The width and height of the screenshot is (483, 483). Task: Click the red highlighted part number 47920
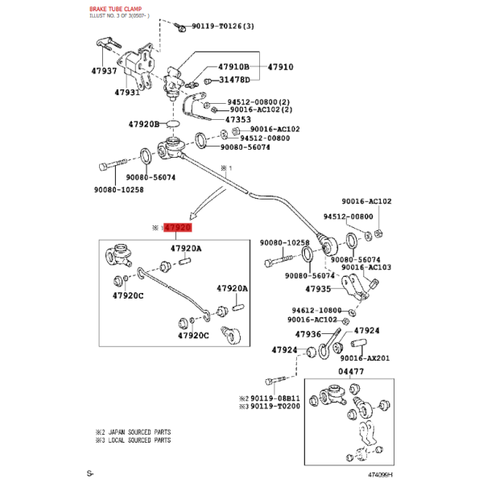click(178, 228)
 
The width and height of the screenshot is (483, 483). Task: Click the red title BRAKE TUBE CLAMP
click(115, 9)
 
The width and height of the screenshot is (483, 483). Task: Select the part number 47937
click(104, 71)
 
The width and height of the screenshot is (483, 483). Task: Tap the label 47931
click(127, 92)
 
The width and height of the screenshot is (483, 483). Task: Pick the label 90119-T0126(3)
click(223, 27)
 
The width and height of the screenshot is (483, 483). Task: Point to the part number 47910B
click(233, 67)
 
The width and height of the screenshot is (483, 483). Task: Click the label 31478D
click(234, 80)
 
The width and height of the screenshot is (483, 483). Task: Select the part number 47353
click(238, 119)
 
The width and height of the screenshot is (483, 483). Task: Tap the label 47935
click(318, 289)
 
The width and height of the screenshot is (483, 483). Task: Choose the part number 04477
click(351, 371)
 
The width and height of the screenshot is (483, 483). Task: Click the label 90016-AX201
click(365, 358)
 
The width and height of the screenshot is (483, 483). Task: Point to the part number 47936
click(308, 334)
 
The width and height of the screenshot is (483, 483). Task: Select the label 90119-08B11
click(275, 398)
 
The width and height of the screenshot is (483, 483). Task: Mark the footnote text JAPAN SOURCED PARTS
click(139, 431)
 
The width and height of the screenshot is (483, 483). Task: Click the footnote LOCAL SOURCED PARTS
click(139, 440)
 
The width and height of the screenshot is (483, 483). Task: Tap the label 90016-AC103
click(366, 267)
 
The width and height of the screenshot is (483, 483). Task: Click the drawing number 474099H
click(381, 475)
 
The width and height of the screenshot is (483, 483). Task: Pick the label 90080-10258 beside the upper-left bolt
click(119, 190)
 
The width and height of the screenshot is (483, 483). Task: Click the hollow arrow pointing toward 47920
click(206, 203)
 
